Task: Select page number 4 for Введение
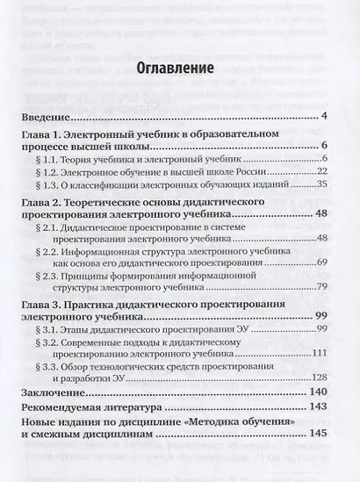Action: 324,117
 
